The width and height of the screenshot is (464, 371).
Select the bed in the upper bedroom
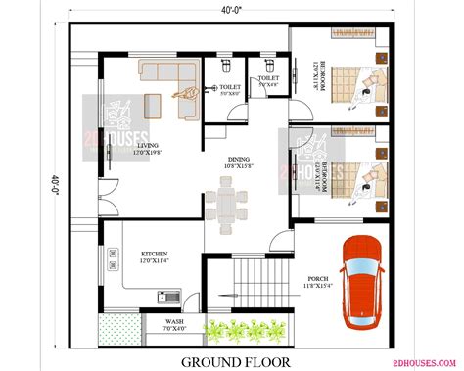352,81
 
